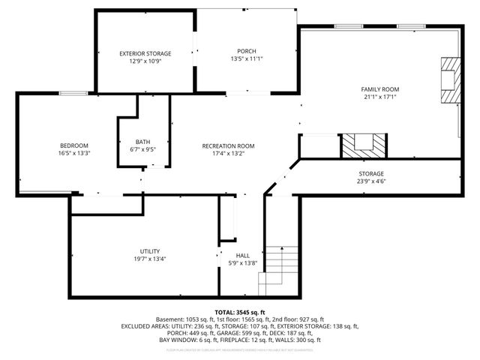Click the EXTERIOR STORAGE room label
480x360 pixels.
(145, 53)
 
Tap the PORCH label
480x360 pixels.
(247, 51)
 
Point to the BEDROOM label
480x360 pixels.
(74, 145)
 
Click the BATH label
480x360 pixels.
(142, 142)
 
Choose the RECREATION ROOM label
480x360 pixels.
(229, 145)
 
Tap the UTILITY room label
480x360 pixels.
(149, 251)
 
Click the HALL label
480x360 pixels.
(243, 256)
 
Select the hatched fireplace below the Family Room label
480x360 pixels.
(364, 145)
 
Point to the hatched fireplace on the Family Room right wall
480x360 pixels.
(449, 81)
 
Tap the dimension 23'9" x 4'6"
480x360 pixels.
(371, 181)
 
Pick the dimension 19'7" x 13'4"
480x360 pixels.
(149, 259)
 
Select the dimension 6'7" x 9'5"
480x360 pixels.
(142, 149)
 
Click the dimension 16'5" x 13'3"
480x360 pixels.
(74, 153)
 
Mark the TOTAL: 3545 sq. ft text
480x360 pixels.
(240, 311)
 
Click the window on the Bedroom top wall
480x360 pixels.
(74, 93)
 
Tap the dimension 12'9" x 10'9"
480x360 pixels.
(145, 61)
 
